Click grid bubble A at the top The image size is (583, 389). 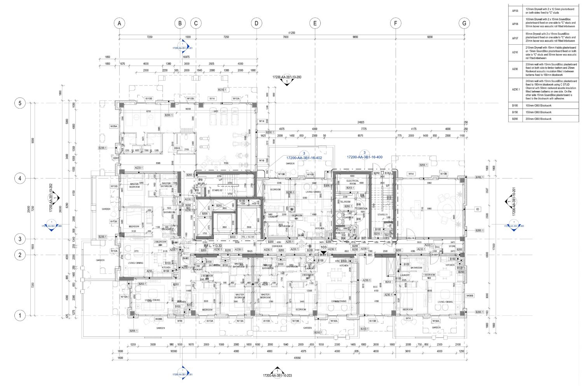click(x=119, y=23)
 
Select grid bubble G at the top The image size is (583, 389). click(x=464, y=23)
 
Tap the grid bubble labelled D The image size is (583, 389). click(x=257, y=23)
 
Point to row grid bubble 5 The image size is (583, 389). click(x=20, y=103)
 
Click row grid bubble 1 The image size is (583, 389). click(x=20, y=315)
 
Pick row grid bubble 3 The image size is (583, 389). click(x=20, y=239)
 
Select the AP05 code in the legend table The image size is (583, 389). click(x=515, y=11)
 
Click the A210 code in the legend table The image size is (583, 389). click(x=515, y=52)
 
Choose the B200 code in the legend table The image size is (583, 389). click(x=515, y=119)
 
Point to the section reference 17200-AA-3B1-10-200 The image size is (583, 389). click(x=287, y=77)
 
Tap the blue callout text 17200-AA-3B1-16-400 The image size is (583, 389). click(x=365, y=157)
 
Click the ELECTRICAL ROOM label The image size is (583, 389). click(x=353, y=182)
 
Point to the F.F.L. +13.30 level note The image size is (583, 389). click(x=213, y=246)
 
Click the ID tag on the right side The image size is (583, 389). click(x=478, y=209)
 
